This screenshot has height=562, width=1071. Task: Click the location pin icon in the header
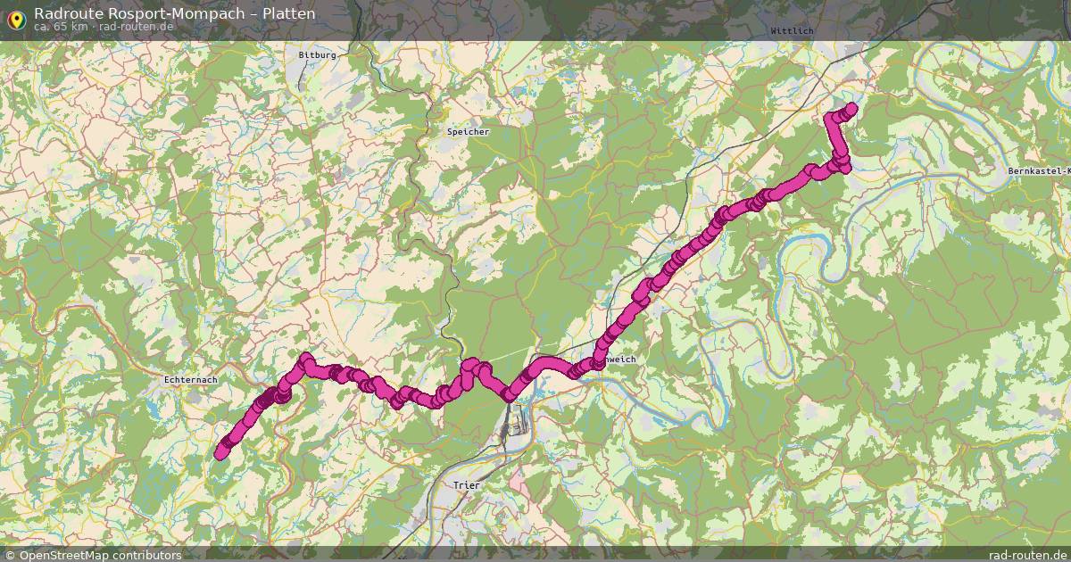coord(15,17)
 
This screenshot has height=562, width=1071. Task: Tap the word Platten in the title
coord(288,13)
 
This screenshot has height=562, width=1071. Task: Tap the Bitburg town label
coord(317,54)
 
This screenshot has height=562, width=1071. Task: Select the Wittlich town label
coord(792,30)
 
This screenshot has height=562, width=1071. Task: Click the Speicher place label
coord(468,132)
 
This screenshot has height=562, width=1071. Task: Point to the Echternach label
coord(190,380)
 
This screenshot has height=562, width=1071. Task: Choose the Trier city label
coord(467,485)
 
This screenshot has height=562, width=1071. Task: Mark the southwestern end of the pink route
coord(220,454)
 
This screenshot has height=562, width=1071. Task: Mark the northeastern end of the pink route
coord(851,108)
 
